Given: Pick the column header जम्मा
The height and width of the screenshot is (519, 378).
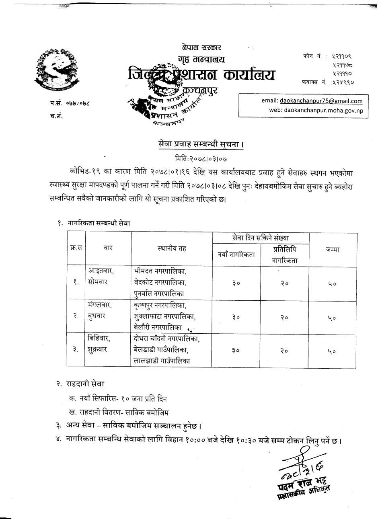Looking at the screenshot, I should click(x=333, y=250).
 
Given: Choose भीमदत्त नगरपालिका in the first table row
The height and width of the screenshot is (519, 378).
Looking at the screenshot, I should click(x=160, y=271).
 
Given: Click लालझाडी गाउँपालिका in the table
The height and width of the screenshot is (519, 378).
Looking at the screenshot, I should click(x=163, y=361).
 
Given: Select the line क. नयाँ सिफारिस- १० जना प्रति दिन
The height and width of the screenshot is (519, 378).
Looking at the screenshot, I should click(x=118, y=399).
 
